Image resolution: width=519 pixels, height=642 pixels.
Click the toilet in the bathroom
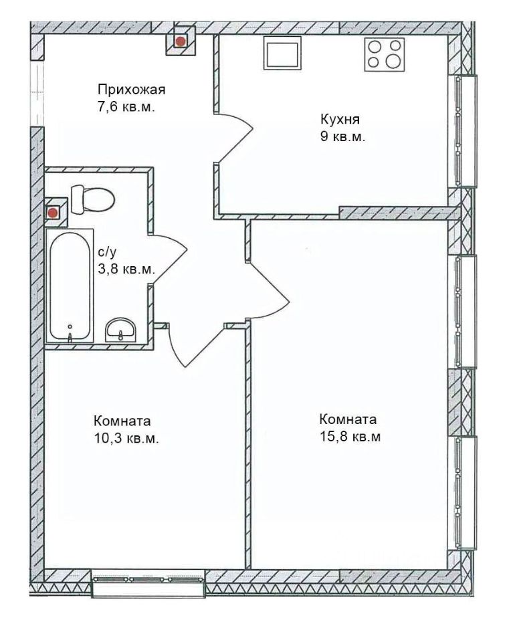92,199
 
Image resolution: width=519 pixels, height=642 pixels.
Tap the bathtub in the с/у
70,286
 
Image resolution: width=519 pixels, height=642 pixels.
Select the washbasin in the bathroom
121,330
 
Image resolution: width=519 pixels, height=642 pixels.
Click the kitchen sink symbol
282,53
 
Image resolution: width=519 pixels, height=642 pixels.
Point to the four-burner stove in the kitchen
384,54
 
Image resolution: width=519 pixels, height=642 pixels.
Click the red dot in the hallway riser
180,41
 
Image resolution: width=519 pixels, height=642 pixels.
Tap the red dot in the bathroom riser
52,213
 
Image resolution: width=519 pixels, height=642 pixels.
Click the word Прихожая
132,89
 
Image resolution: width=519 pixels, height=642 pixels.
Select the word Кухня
340,120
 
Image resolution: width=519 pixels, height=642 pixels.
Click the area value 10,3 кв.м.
126,439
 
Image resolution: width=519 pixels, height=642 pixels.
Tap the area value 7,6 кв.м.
126,108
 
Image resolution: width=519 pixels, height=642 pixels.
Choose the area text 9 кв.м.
342,136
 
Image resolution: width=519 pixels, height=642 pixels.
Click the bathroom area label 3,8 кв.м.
126,270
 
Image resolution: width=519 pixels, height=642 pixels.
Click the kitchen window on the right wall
463,131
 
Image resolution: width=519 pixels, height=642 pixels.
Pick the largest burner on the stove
393,62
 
